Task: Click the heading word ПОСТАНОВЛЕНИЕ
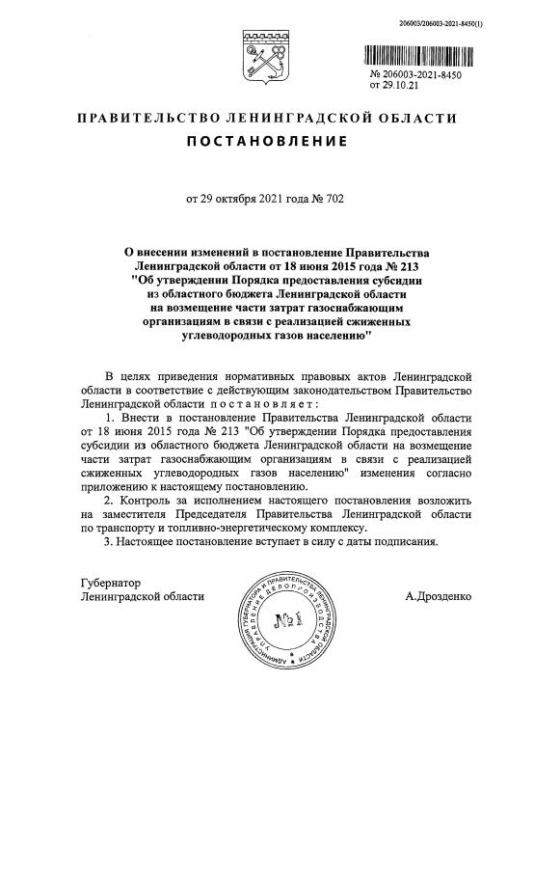tap(267, 142)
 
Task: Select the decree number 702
tap(333, 200)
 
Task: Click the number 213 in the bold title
tap(410, 264)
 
